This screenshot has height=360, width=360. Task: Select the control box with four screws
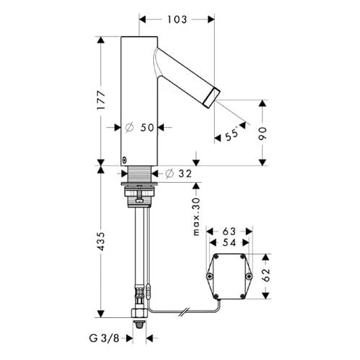coord(231,276)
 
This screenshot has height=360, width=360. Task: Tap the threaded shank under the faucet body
coord(138,174)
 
